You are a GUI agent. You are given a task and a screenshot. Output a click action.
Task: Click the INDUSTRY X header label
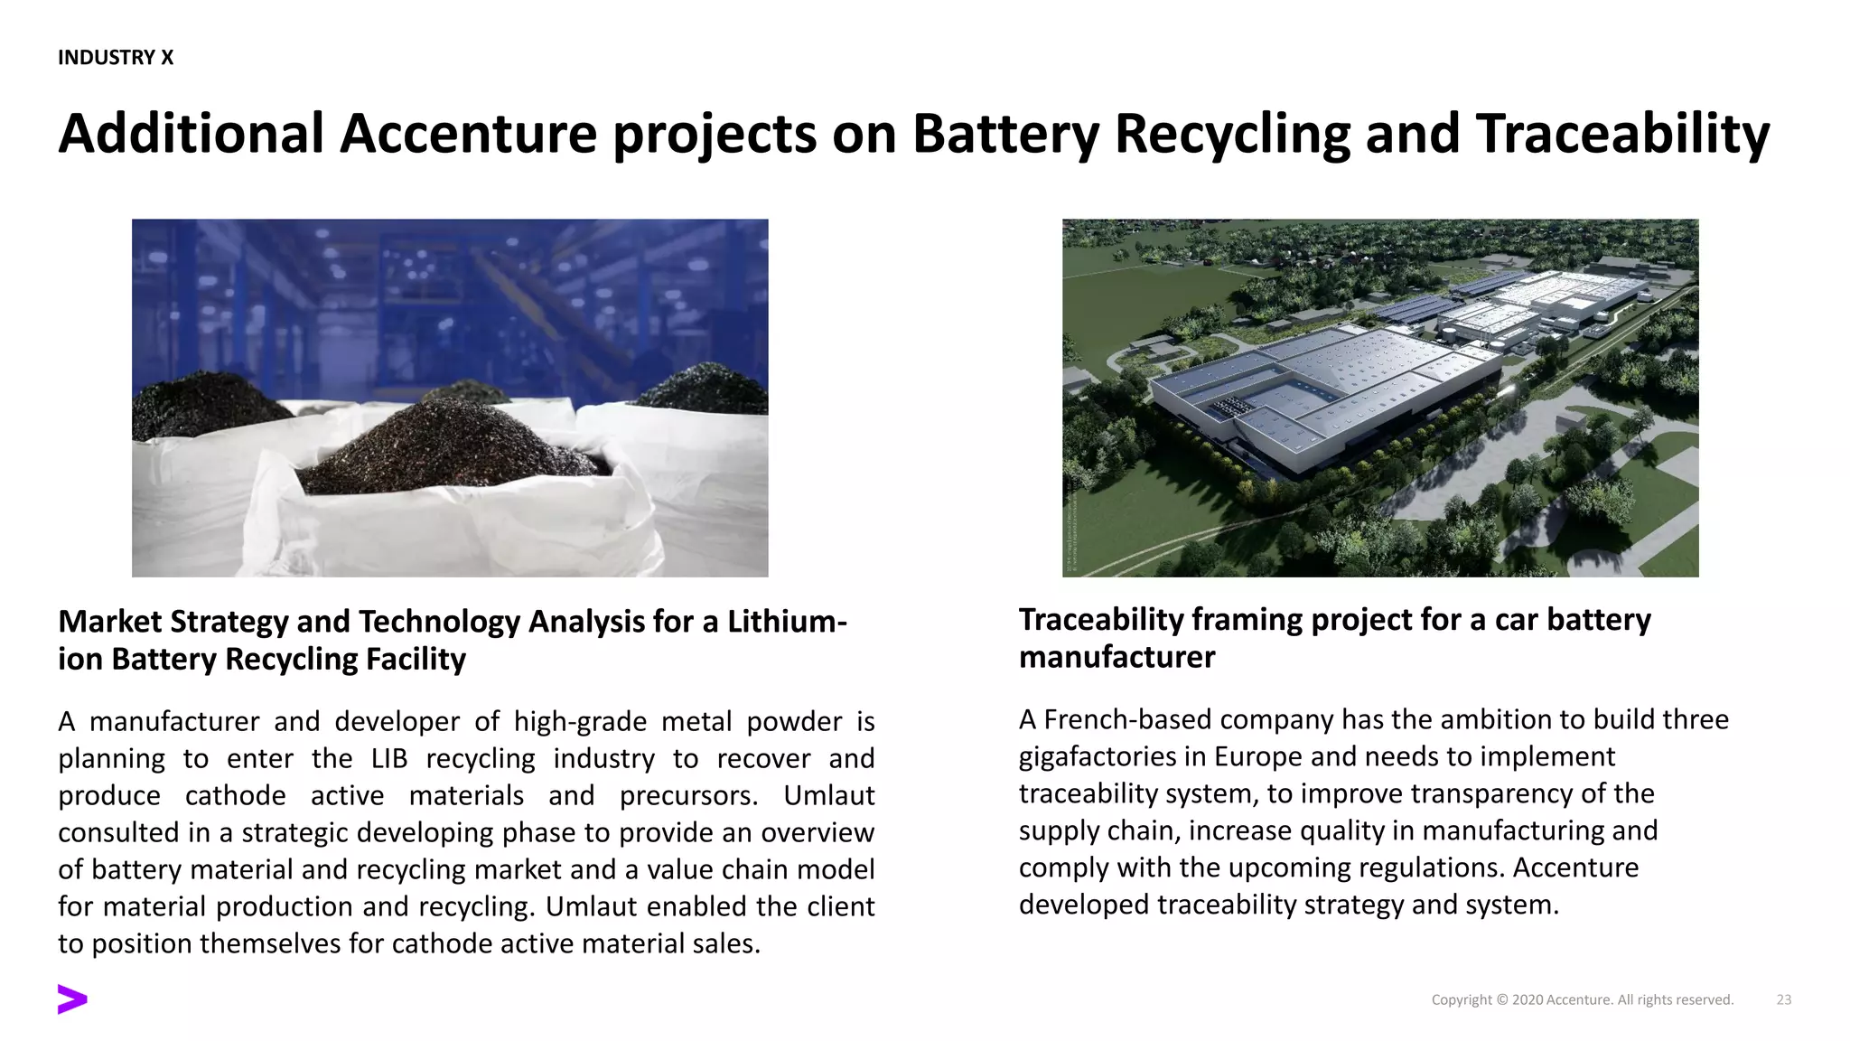(x=116, y=58)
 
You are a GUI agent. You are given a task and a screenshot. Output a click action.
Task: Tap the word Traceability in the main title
(x=1622, y=134)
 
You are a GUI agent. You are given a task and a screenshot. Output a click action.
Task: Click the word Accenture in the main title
(x=468, y=134)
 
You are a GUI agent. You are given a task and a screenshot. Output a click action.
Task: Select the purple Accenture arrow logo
(x=72, y=999)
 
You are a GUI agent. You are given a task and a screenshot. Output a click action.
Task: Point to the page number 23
(x=1784, y=999)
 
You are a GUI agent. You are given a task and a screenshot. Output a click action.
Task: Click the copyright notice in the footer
(x=1582, y=999)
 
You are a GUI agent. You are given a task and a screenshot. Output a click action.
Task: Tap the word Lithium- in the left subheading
(x=787, y=622)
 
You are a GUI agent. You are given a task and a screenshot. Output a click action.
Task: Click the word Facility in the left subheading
(x=416, y=660)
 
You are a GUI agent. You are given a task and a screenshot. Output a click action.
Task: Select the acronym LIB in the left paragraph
(x=389, y=758)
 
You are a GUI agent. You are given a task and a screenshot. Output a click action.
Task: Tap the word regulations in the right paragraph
(x=1430, y=867)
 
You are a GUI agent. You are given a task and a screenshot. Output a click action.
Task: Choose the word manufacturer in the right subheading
(x=1117, y=657)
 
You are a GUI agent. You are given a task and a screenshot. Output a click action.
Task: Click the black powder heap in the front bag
(x=452, y=447)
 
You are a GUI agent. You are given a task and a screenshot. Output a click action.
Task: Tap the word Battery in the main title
(x=1005, y=134)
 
